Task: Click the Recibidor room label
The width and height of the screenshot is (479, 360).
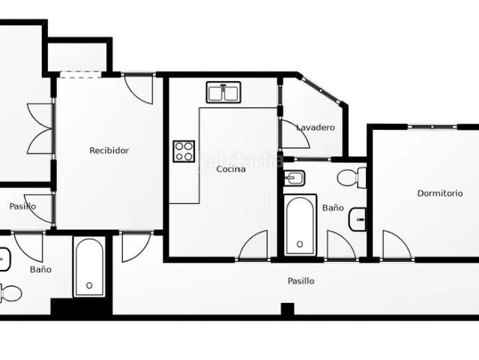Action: (x=109, y=150)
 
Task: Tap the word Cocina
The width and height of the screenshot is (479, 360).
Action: (x=231, y=169)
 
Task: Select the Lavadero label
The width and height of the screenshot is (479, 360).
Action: (x=316, y=127)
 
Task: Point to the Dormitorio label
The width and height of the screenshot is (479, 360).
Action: (x=440, y=193)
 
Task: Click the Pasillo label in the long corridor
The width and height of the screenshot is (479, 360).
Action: (x=301, y=280)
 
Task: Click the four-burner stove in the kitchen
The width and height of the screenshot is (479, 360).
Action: (x=184, y=151)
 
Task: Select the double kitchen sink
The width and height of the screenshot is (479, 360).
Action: (x=223, y=92)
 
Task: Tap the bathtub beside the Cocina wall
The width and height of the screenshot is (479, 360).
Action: (x=301, y=224)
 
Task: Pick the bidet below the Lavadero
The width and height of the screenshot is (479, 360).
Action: (x=294, y=178)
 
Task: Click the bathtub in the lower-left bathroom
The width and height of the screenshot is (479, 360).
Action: (x=89, y=266)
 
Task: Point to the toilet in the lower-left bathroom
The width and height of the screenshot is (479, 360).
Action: (x=10, y=293)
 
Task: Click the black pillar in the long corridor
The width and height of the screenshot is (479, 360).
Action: (x=287, y=309)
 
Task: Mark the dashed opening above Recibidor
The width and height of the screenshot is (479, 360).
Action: (x=80, y=74)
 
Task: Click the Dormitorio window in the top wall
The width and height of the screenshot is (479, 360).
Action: (x=433, y=127)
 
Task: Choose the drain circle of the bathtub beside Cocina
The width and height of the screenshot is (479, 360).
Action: (x=300, y=244)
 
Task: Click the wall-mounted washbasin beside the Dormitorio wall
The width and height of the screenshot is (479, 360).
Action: (x=358, y=220)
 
